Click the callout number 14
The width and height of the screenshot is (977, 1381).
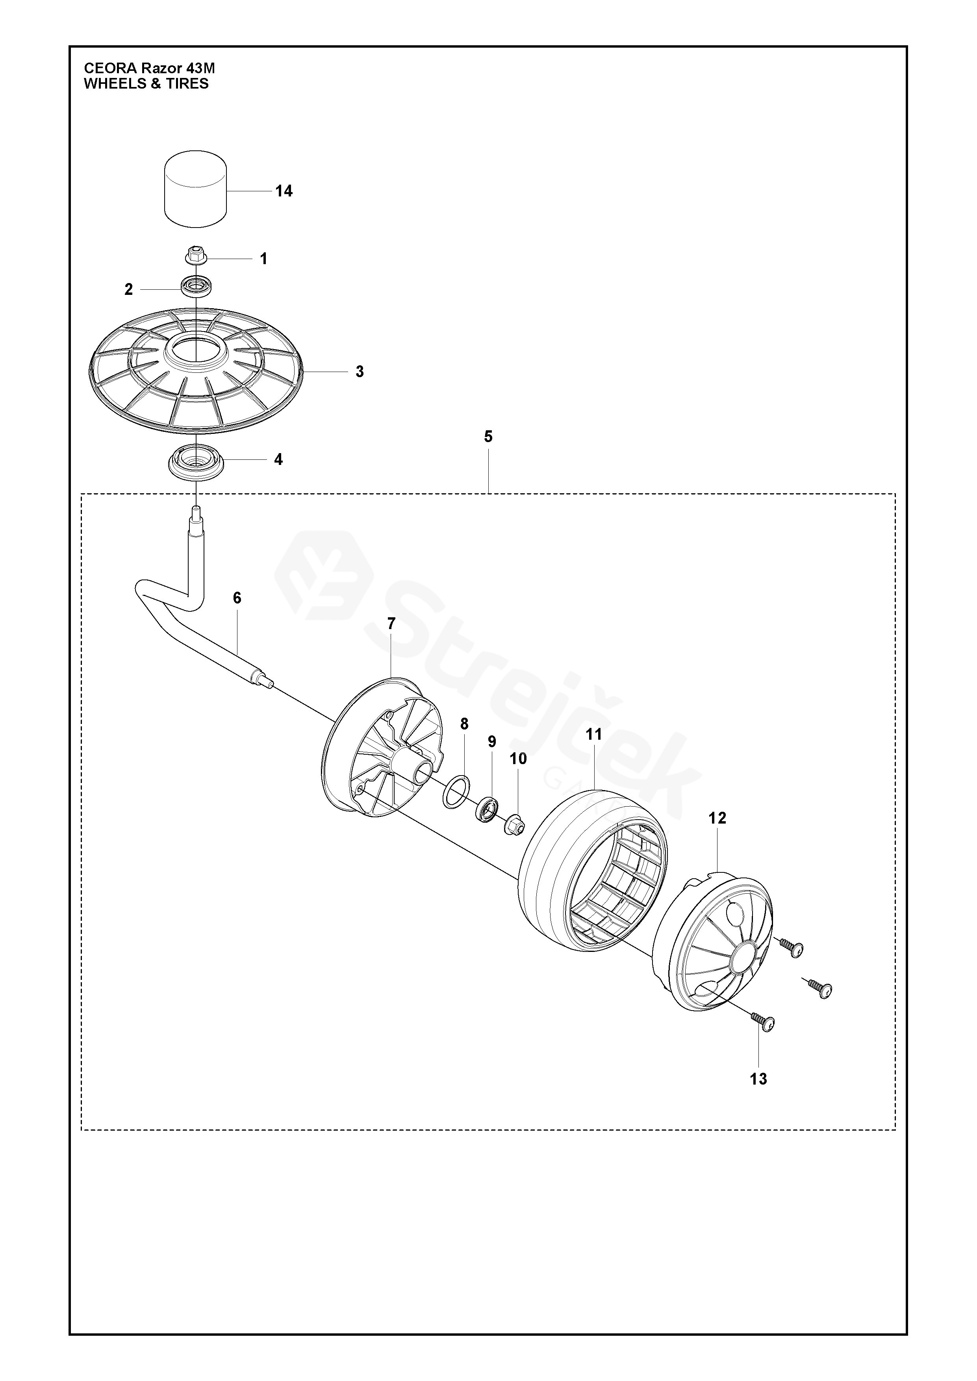pos(284,191)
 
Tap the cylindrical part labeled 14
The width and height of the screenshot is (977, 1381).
pos(196,189)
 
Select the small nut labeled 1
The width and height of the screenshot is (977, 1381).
pos(196,255)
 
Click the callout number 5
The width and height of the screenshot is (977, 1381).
pos(488,437)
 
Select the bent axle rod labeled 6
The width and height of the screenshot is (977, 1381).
pos(198,613)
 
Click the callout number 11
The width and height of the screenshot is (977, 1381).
pos(594,735)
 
